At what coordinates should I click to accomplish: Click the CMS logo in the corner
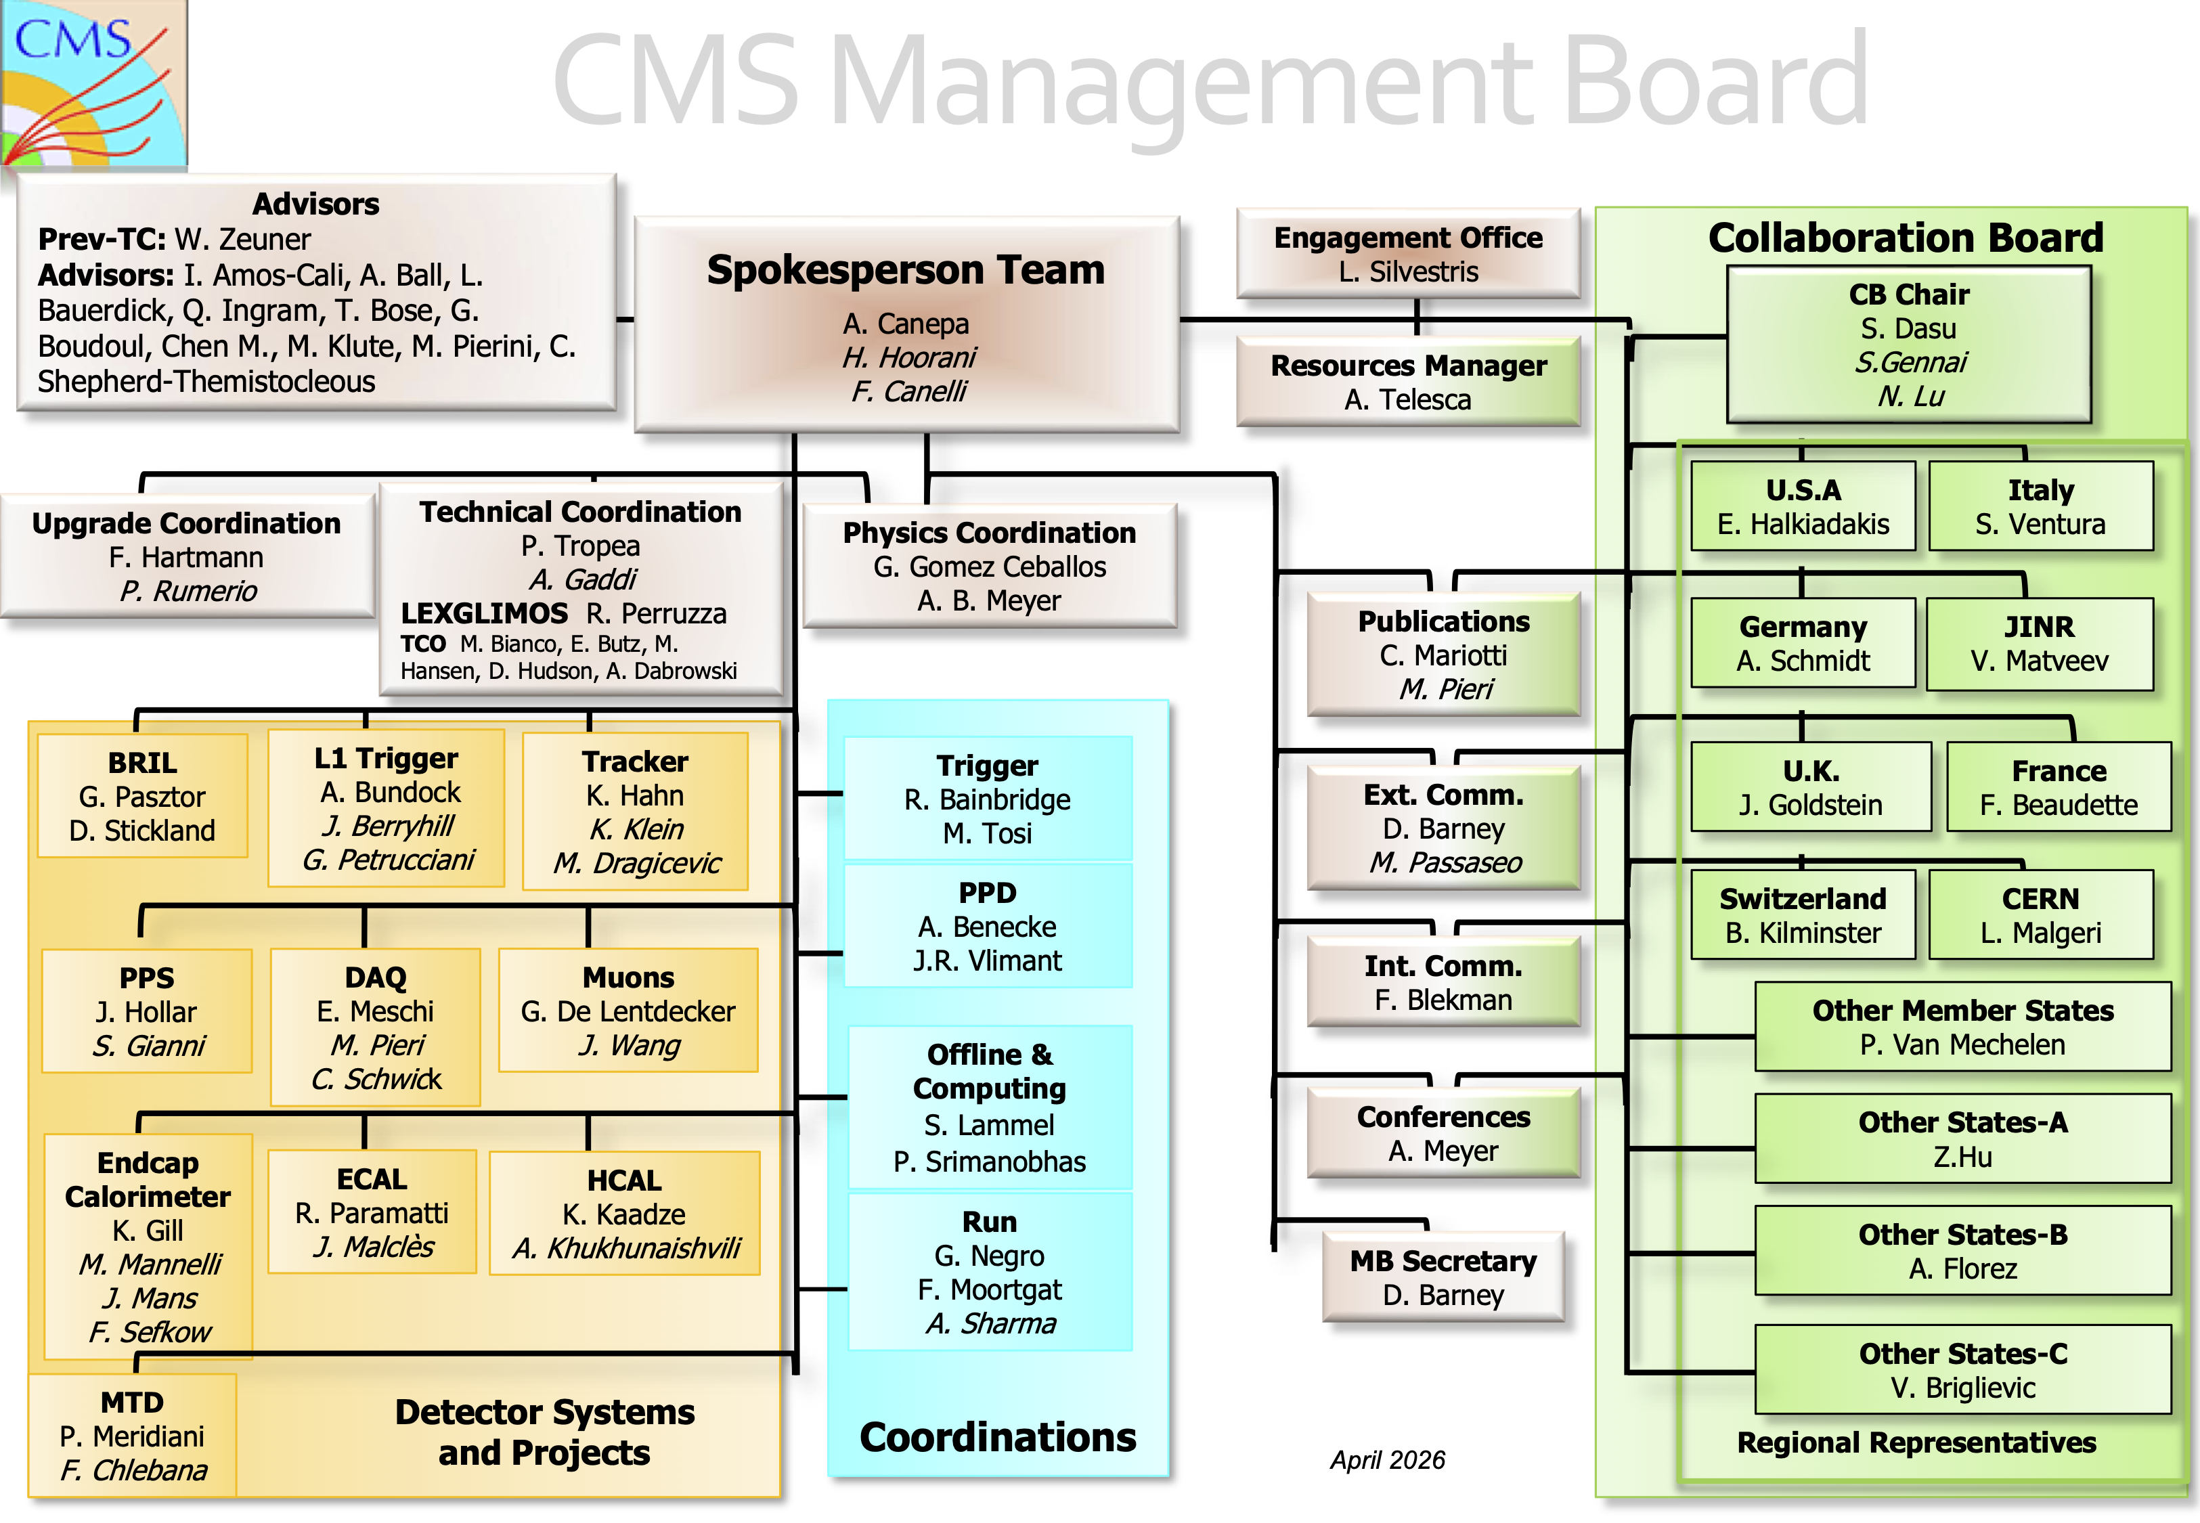pos(93,83)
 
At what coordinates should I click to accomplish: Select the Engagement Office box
pos(1407,253)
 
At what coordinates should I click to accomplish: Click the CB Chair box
pos(1908,345)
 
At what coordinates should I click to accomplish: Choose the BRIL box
pos(142,796)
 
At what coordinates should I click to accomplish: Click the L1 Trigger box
pos(387,808)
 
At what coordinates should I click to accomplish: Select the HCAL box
pos(624,1213)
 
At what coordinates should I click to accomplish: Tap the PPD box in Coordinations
pos(988,925)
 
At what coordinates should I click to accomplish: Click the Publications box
pos(1443,655)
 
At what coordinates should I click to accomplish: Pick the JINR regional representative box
pos(2039,643)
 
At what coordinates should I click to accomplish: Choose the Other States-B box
pos(1962,1250)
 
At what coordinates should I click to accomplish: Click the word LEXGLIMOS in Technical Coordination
pos(484,613)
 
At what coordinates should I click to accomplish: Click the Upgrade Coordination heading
pos(186,523)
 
